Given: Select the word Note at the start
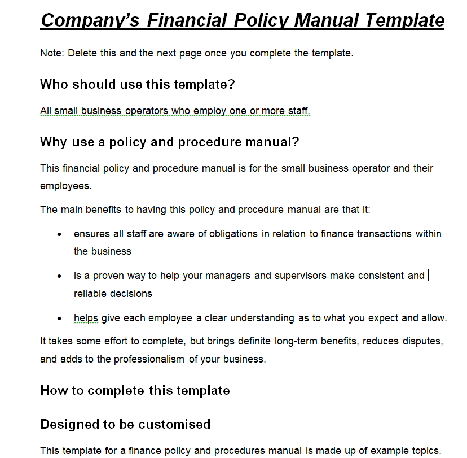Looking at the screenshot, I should point(52,54).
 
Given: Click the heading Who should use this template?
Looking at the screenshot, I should point(137,85).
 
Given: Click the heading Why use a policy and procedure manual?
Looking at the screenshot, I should point(169,142).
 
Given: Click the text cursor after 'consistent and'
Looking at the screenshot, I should point(429,276).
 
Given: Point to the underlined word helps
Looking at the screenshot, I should point(86,318).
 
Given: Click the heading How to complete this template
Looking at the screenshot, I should point(135,391).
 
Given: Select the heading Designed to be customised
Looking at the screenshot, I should point(125,424).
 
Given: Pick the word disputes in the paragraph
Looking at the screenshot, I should point(425,341).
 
